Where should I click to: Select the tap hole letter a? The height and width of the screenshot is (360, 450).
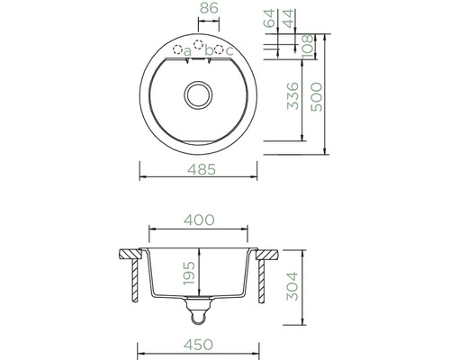coord(188,51)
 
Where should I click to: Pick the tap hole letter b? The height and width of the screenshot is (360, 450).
coord(209,50)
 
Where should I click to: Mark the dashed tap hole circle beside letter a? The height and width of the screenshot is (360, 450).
coord(177,49)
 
